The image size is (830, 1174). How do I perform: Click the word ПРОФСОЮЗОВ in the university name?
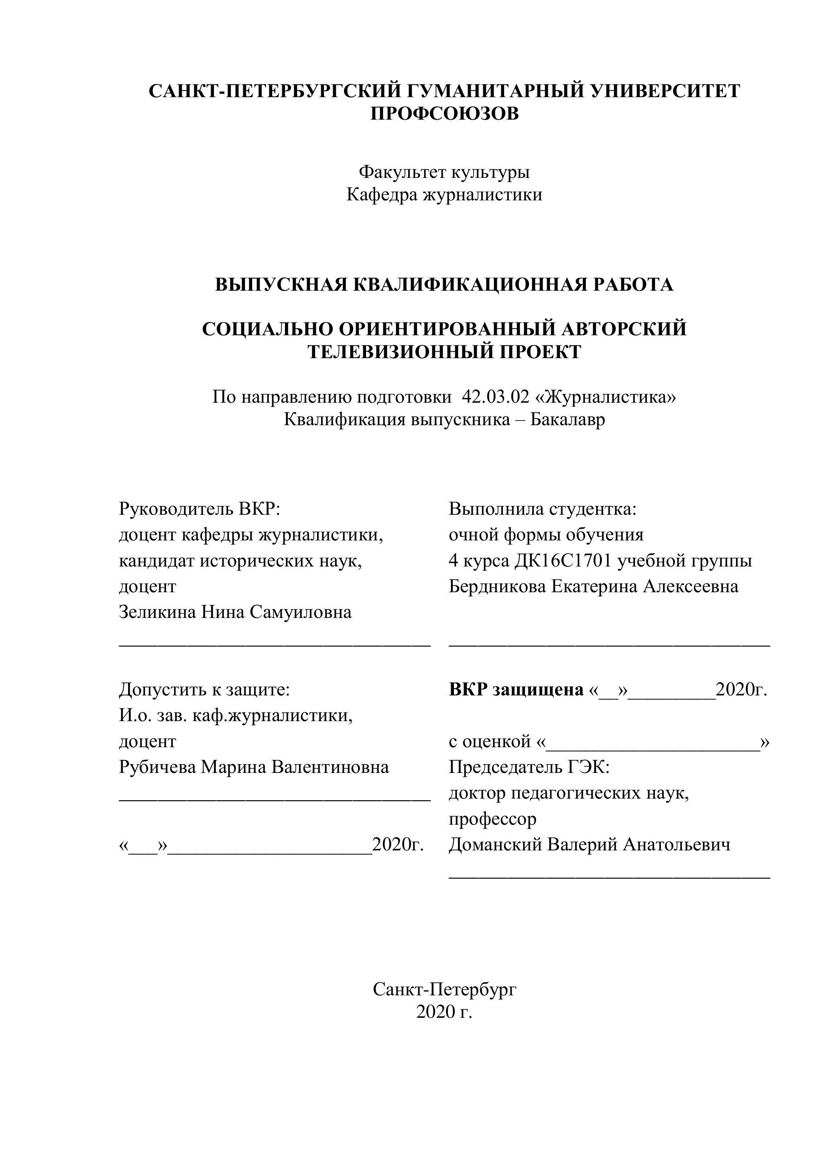click(444, 114)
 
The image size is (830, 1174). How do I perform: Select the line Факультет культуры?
click(444, 172)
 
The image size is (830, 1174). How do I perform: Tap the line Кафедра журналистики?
click(444, 195)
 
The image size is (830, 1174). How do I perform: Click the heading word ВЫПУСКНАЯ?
click(282, 284)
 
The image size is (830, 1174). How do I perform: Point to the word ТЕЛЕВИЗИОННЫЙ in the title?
click(397, 352)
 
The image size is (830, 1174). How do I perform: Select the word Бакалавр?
click(567, 420)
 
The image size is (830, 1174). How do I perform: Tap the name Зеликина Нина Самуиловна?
click(235, 612)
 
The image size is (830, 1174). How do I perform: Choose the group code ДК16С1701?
click(563, 561)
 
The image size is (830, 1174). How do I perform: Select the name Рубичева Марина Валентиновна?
click(254, 767)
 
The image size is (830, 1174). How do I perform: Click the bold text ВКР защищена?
click(516, 690)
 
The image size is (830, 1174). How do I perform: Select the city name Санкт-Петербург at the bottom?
click(444, 989)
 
